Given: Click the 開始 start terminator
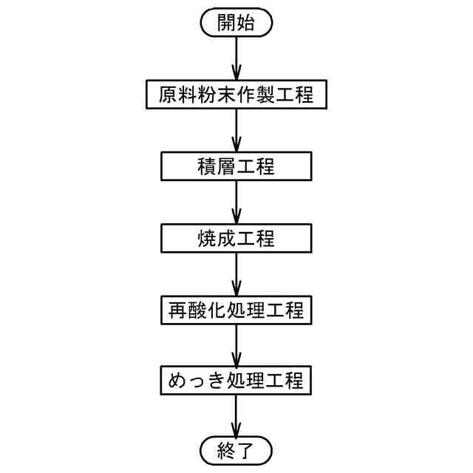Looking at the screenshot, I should (x=236, y=23).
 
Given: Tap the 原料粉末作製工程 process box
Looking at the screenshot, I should (x=236, y=95).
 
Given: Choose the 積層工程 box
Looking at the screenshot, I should (x=236, y=166).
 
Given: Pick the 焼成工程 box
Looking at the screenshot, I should (x=236, y=238).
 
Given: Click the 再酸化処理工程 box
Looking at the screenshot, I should (x=236, y=310).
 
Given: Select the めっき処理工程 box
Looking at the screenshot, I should (x=236, y=381).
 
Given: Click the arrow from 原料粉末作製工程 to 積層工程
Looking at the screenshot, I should (x=236, y=131).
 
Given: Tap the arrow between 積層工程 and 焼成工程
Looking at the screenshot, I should (x=236, y=203).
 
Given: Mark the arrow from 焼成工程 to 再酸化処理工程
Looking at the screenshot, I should (x=236, y=274).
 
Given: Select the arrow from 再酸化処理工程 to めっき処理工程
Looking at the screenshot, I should (x=236, y=346).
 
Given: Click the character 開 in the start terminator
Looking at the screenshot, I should (x=226, y=23).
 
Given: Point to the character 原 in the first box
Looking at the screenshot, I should (x=169, y=95).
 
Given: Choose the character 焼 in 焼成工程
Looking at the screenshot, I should (x=208, y=238).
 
